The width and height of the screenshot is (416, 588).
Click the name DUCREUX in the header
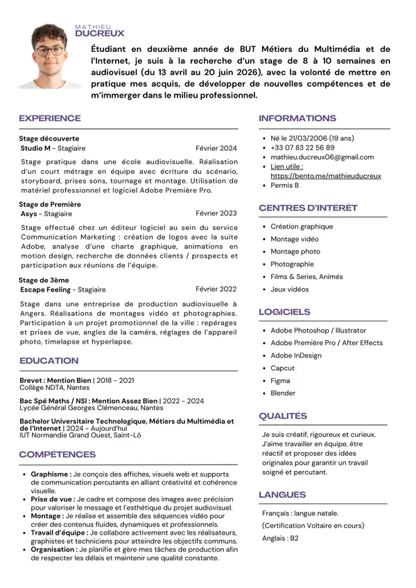pos(99,33)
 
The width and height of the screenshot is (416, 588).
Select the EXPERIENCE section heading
pos(50,118)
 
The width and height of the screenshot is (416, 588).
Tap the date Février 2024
pos(216,148)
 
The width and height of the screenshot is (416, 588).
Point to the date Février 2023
pos(216,214)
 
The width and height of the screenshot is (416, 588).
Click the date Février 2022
pos(216,289)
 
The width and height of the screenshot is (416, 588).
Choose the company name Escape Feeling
pos(45,289)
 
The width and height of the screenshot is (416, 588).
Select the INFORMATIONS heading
pos(297,118)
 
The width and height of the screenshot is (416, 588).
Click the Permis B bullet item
pos(284,186)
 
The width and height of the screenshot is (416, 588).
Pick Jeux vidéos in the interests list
pos(289,289)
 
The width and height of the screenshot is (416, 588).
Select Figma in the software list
pos(280,381)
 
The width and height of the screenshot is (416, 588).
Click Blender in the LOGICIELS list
pos(283,393)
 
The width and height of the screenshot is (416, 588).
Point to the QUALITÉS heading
pos(283,416)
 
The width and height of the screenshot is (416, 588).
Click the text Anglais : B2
pos(280,538)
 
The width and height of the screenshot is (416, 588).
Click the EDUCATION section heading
pos(49,361)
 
